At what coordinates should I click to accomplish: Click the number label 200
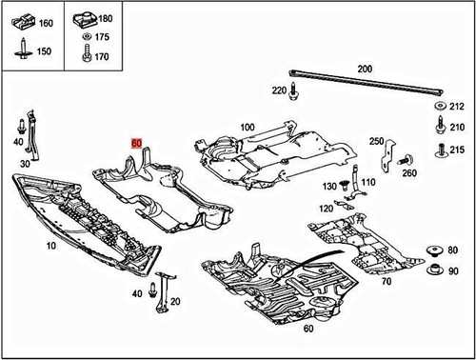[365, 70]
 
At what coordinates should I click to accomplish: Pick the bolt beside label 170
[87, 56]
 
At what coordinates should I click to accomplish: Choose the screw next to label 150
[21, 47]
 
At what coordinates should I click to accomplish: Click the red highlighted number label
[137, 143]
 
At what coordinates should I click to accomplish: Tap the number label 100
[248, 127]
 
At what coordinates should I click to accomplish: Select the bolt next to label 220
[294, 93]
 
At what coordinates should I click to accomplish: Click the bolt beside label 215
[442, 150]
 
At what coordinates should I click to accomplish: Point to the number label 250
[378, 141]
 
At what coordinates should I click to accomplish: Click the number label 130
[329, 186]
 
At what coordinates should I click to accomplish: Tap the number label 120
[326, 208]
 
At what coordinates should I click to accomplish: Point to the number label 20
[176, 300]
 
